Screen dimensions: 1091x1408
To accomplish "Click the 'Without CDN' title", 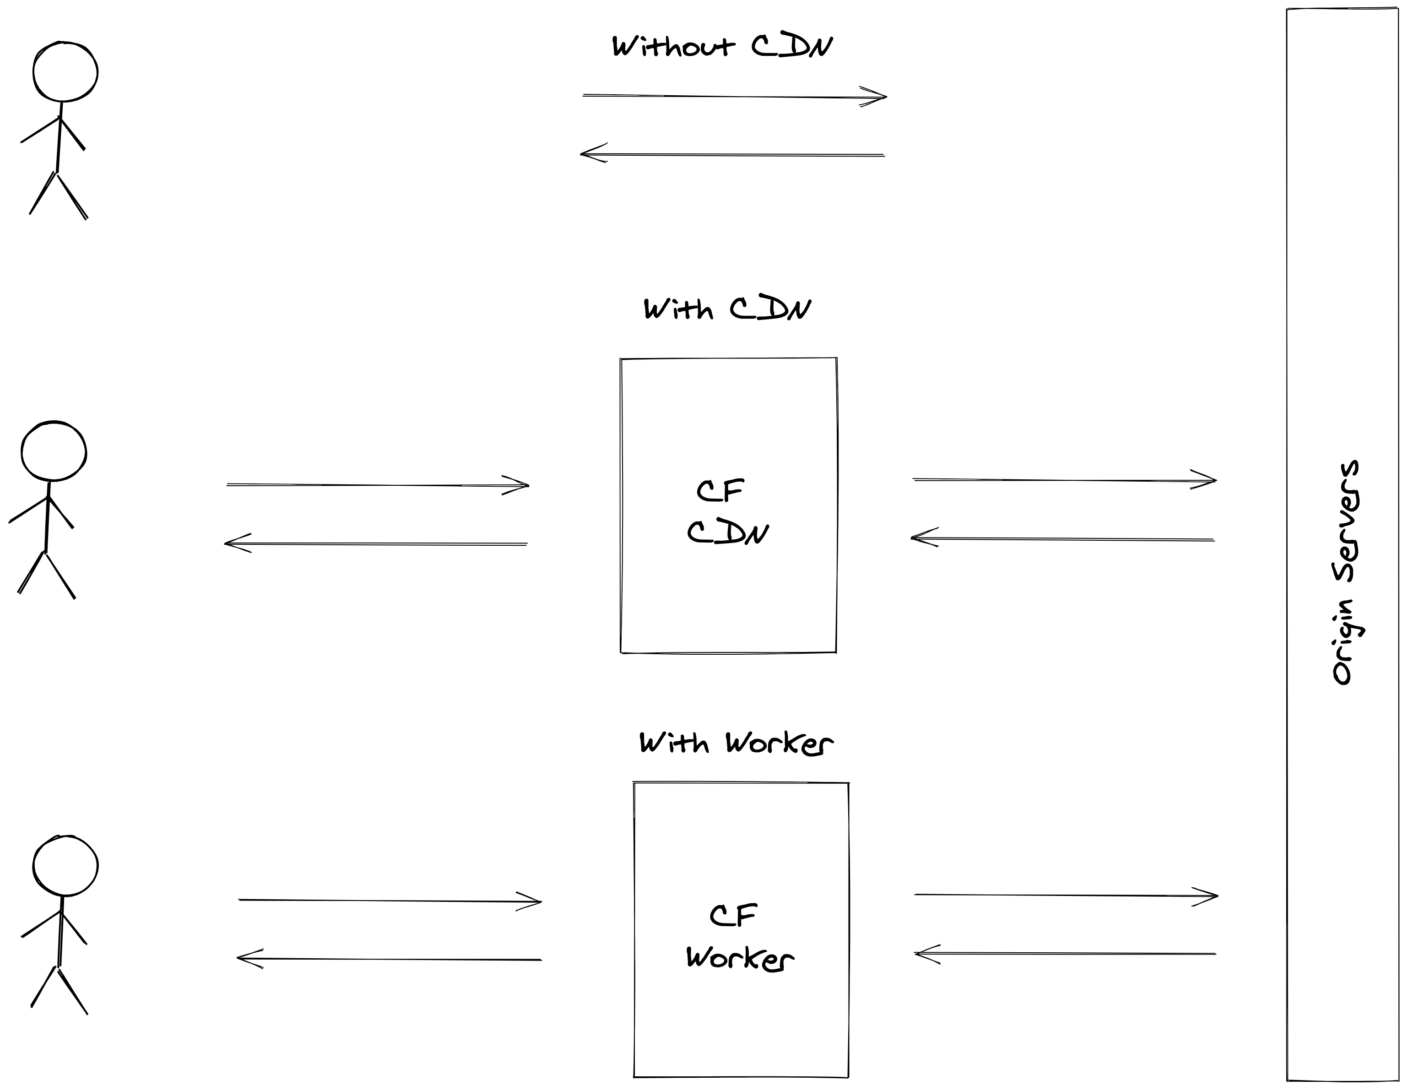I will click(x=722, y=46).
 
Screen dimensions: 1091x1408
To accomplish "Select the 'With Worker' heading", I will click(x=736, y=744).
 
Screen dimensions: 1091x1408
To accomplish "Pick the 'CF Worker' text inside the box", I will click(x=739, y=938).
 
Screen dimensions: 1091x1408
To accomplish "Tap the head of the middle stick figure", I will click(x=54, y=451).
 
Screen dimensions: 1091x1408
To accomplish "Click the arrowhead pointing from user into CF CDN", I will click(x=520, y=486).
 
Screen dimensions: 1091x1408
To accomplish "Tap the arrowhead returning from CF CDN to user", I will click(x=233, y=543).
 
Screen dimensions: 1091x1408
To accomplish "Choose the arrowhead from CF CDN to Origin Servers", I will click(x=1208, y=480).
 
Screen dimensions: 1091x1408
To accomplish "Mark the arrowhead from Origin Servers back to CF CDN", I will click(x=920, y=538).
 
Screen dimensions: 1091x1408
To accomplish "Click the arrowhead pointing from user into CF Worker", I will click(x=532, y=901).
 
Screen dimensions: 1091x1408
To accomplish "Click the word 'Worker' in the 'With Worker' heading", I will click(x=779, y=744).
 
